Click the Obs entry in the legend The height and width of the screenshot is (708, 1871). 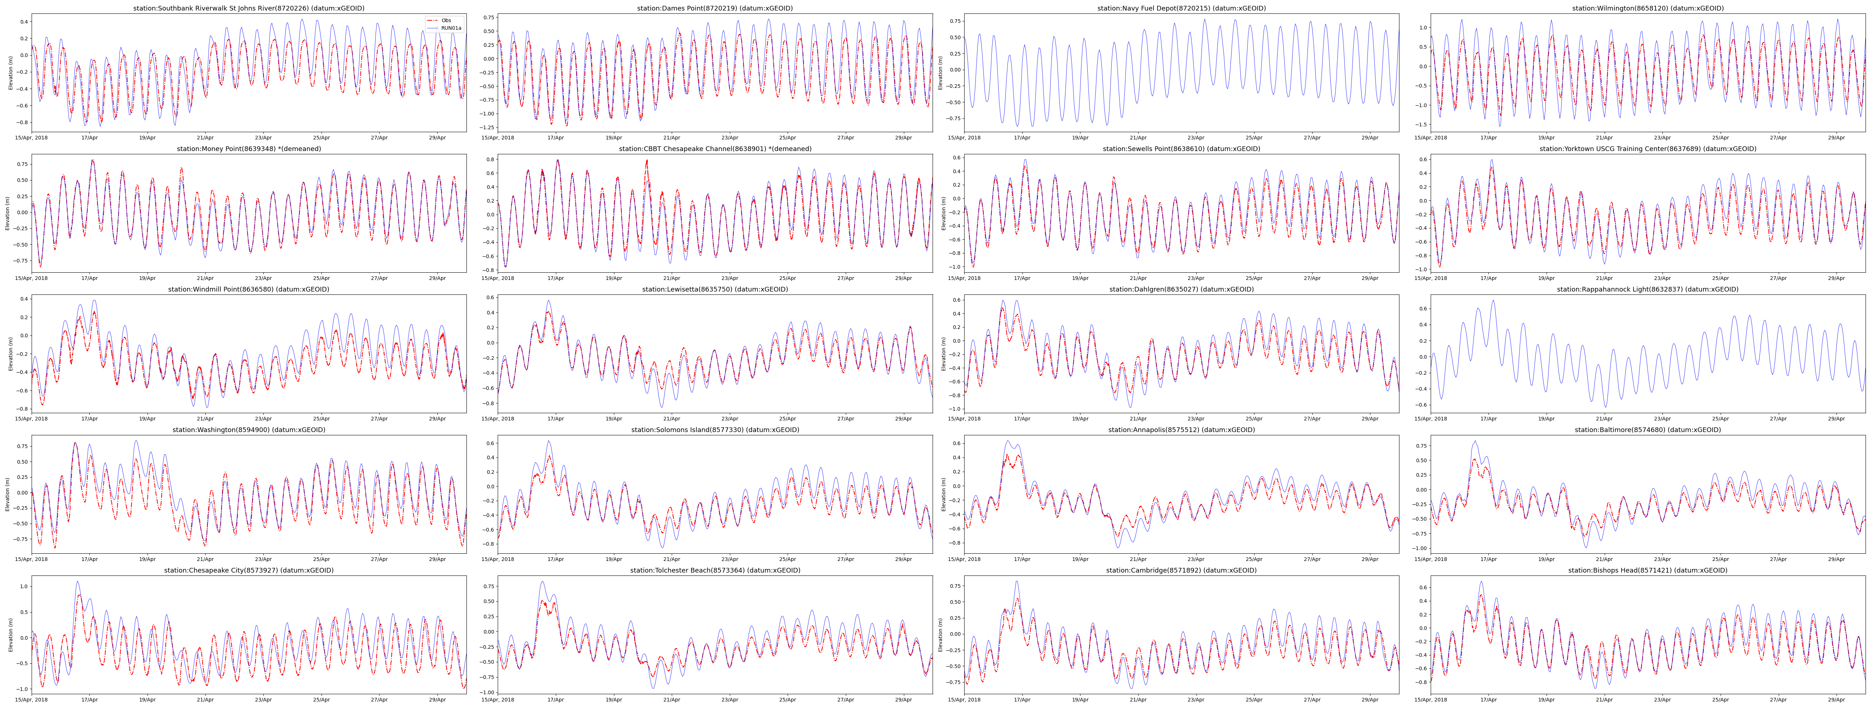(446, 20)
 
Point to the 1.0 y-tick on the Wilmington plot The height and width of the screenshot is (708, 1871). (1422, 28)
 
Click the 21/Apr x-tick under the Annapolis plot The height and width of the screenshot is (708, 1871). (1138, 559)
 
